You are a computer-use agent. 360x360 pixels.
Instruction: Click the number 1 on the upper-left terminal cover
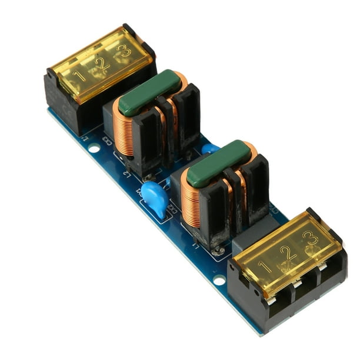[80, 76]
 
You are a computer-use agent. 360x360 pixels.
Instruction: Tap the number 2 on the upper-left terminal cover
[103, 64]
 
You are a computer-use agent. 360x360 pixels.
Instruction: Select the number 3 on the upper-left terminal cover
[125, 51]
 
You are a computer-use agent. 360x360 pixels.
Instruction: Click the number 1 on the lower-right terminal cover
[265, 268]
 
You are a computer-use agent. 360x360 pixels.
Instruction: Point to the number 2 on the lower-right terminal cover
[288, 254]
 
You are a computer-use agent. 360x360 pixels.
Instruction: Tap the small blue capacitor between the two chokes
[210, 149]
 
